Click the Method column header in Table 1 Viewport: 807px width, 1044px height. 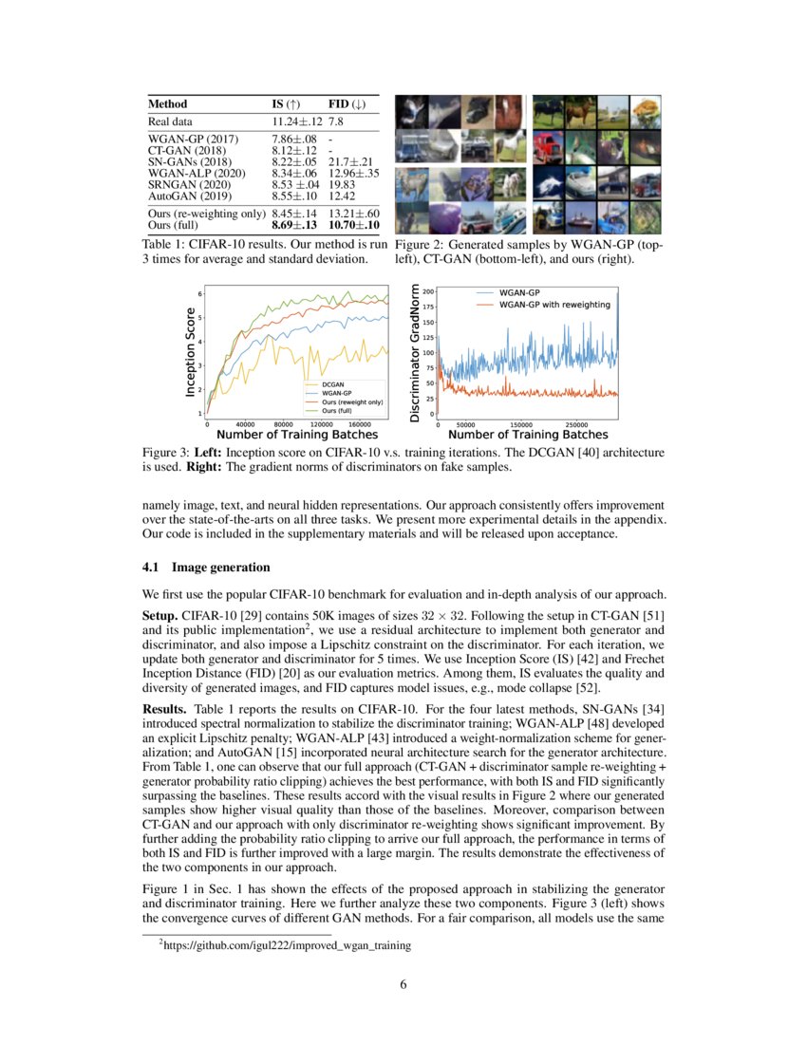pos(168,103)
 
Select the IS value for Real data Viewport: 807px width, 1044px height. pos(297,121)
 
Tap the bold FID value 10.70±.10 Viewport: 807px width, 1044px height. pos(354,225)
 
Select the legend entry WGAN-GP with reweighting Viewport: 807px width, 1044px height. pos(554,305)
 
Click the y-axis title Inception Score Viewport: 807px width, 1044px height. pos(191,351)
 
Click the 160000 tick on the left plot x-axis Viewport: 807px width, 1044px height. pos(353,424)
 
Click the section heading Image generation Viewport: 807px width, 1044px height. pos(220,568)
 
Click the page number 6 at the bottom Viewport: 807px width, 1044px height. pos(403,984)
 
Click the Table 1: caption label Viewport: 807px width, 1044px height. pos(167,245)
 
